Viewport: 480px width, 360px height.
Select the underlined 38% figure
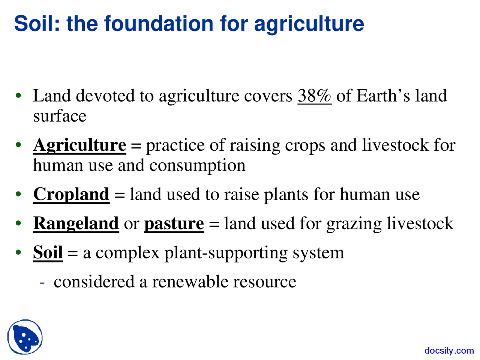click(x=314, y=96)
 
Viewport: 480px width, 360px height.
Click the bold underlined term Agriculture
click(x=79, y=145)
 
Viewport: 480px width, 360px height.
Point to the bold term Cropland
click(x=71, y=195)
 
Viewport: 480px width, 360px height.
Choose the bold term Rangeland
click(x=76, y=224)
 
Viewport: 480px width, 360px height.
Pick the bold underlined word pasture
click(x=174, y=224)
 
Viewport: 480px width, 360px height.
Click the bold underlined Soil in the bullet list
click(x=48, y=253)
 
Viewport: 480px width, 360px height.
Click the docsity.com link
click(x=449, y=351)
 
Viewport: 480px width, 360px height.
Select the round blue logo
click(x=25, y=337)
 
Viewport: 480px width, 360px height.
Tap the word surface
click(x=60, y=116)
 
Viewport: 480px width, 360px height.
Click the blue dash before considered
click(x=42, y=282)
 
